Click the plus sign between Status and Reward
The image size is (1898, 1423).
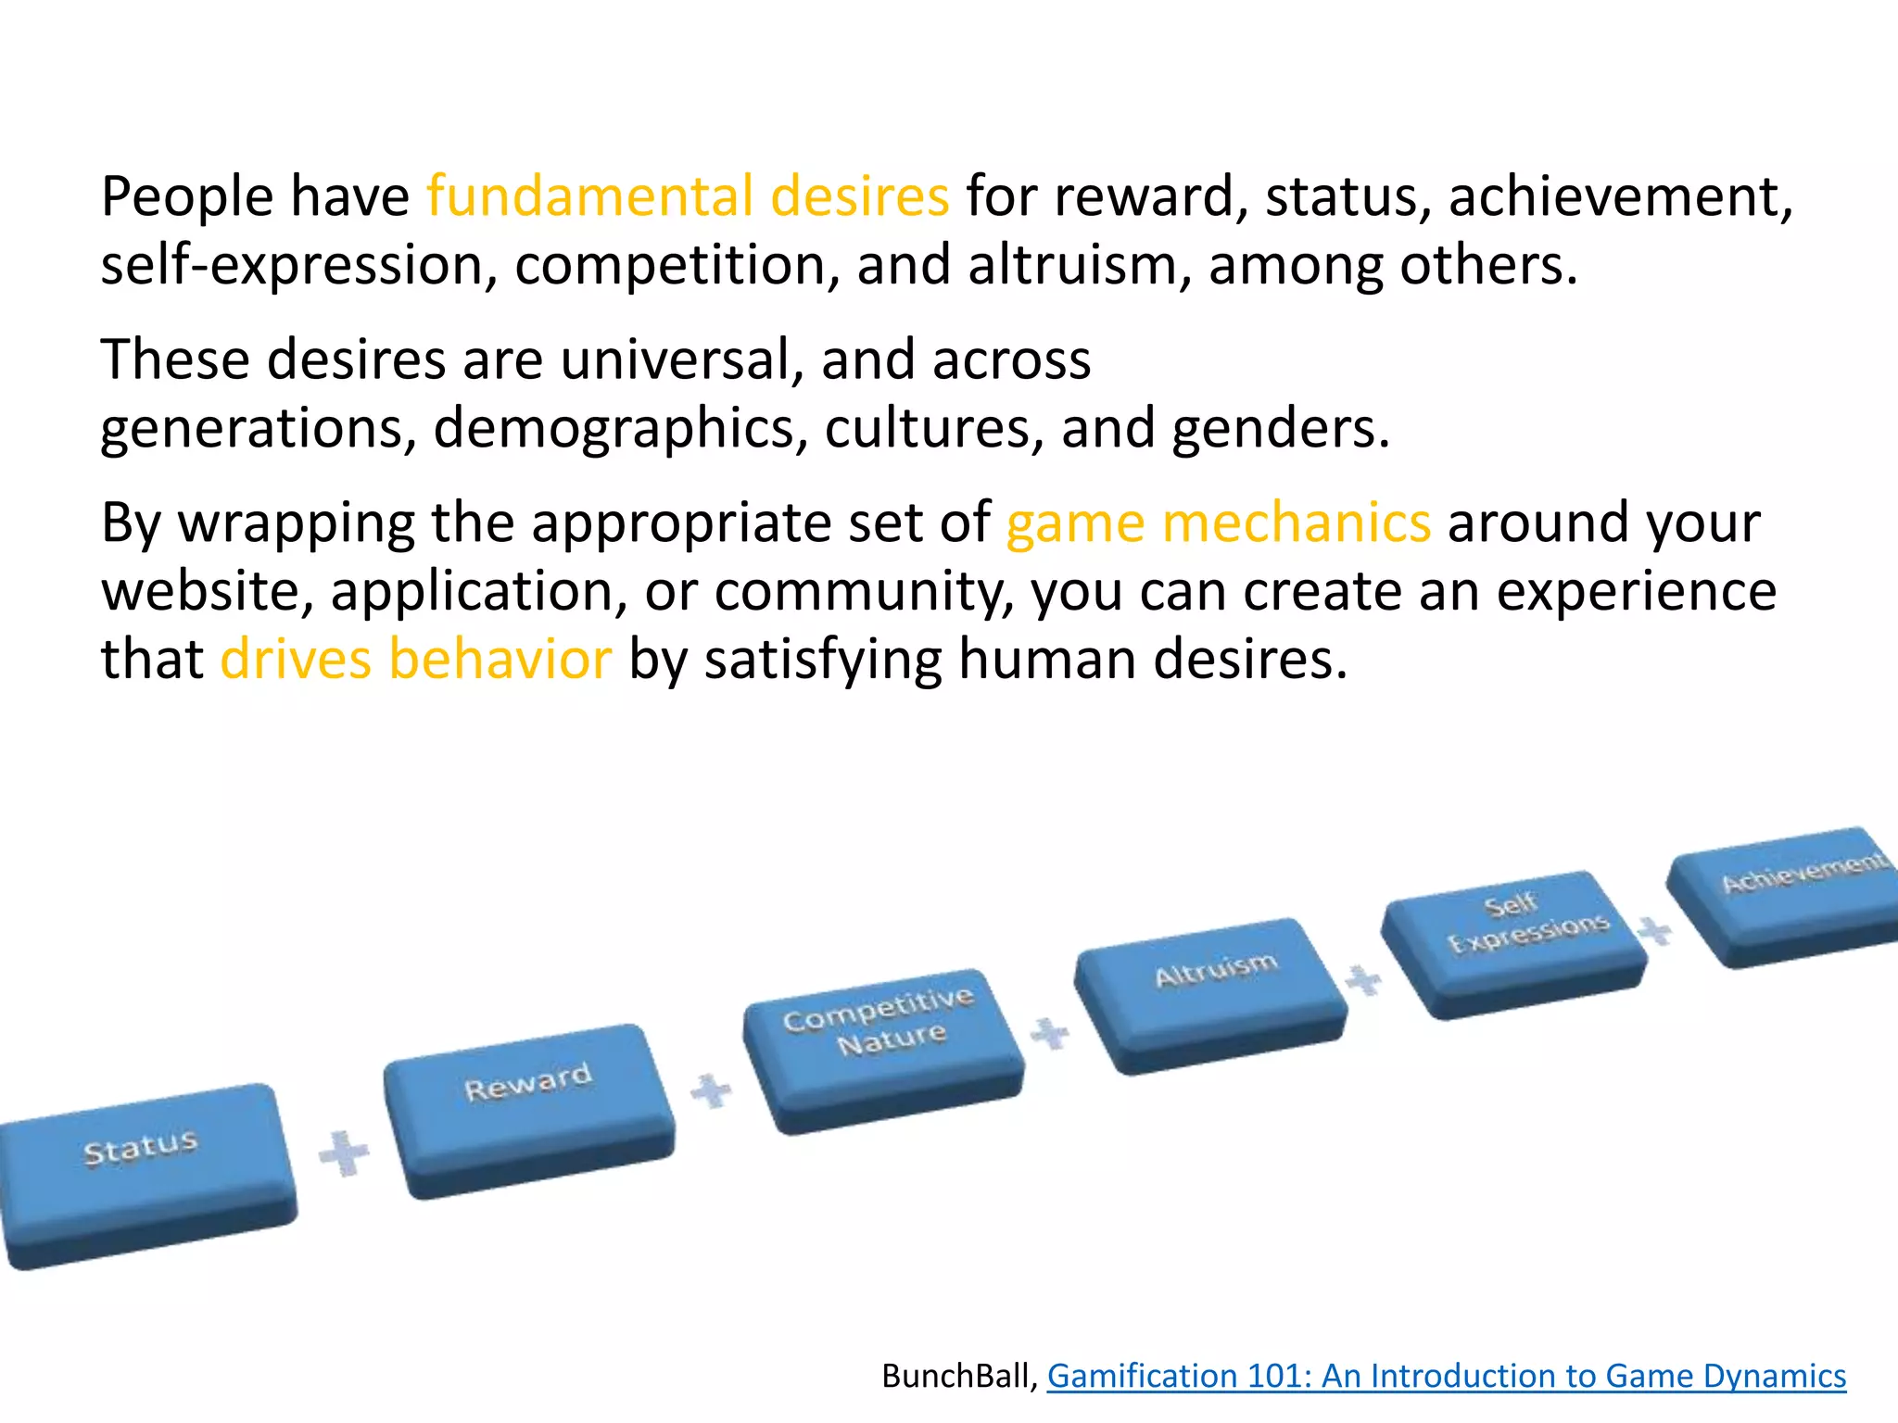pyautogui.click(x=344, y=1153)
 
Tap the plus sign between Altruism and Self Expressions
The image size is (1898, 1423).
pyautogui.click(x=1363, y=979)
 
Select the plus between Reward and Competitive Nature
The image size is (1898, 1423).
pyautogui.click(x=712, y=1090)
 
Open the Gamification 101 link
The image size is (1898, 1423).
pyautogui.click(x=1446, y=1376)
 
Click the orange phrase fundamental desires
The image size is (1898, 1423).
pyautogui.click(x=688, y=196)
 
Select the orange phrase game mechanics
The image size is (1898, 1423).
pyautogui.click(x=1218, y=523)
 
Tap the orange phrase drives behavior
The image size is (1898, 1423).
pyautogui.click(x=415, y=660)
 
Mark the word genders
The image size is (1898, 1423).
pyautogui.click(x=1280, y=428)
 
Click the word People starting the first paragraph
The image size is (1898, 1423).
pyautogui.click(x=187, y=196)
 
